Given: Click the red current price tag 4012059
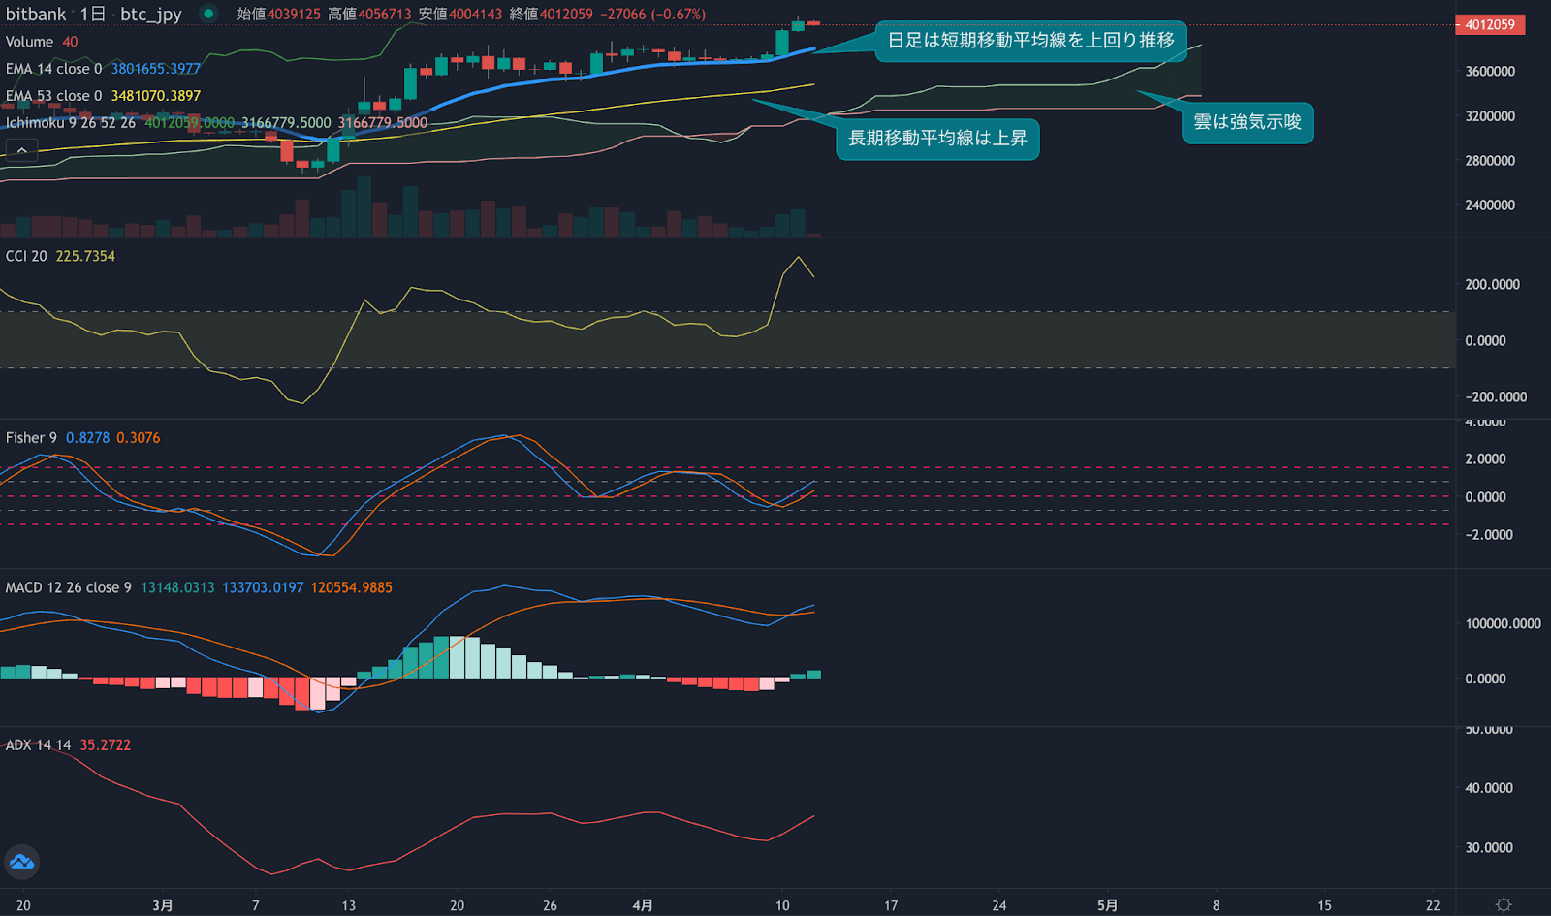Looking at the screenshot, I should pyautogui.click(x=1489, y=24).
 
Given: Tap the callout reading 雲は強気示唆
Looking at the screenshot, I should pyautogui.click(x=1248, y=122).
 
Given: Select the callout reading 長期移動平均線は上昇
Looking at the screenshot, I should pyautogui.click(x=937, y=139).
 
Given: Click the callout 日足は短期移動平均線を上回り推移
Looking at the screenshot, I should pyautogui.click(x=1030, y=41).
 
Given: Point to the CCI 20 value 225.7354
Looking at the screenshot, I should pyautogui.click(x=85, y=256).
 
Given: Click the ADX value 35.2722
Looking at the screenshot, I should pyautogui.click(x=105, y=744).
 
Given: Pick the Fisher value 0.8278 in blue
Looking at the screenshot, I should pyautogui.click(x=87, y=438).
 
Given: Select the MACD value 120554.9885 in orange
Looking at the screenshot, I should pyautogui.click(x=351, y=587).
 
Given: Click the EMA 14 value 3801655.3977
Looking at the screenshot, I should pyautogui.click(x=155, y=69).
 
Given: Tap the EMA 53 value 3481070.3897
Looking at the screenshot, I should pyautogui.click(x=155, y=96).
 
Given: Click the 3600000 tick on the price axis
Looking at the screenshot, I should pyautogui.click(x=1490, y=72).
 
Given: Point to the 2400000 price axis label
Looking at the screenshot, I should pyautogui.click(x=1490, y=205).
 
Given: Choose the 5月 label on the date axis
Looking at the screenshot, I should pyautogui.click(x=1107, y=905).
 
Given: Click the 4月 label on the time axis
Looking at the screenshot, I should pyautogui.click(x=642, y=905).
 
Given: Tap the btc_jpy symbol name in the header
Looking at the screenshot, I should pyautogui.click(x=151, y=15).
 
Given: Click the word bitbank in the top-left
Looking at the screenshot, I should pyautogui.click(x=36, y=15).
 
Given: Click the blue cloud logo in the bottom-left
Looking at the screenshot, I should pyautogui.click(x=21, y=862).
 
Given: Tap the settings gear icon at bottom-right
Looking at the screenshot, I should pyautogui.click(x=1504, y=904).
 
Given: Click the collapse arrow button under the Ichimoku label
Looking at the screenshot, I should pyautogui.click(x=21, y=150).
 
